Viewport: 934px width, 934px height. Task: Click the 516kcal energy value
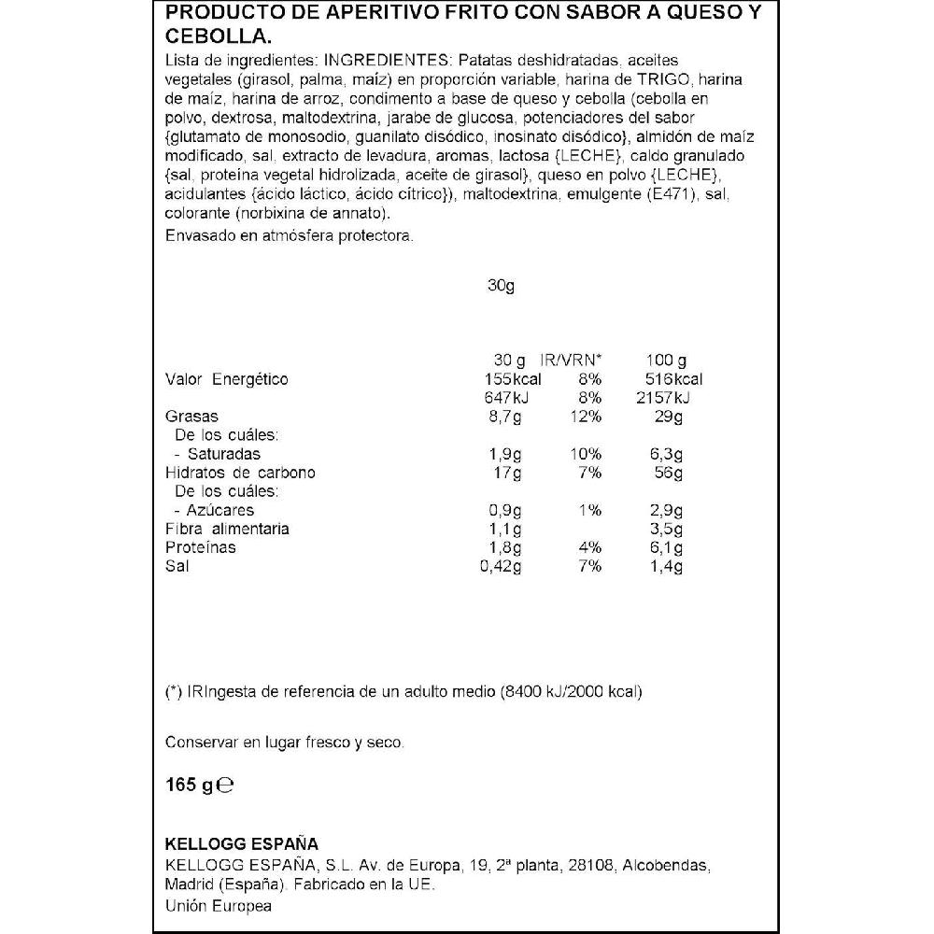click(672, 379)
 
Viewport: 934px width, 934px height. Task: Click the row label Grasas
click(191, 417)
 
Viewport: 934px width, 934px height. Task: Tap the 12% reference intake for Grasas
click(586, 417)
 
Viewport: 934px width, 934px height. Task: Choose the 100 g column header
click(666, 361)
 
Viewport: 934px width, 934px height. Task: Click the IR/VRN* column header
click(573, 361)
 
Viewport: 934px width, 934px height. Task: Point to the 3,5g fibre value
click(666, 529)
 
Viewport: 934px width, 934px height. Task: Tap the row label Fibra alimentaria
click(227, 529)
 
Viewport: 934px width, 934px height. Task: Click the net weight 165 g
click(189, 785)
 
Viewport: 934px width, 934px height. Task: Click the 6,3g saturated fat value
click(666, 454)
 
